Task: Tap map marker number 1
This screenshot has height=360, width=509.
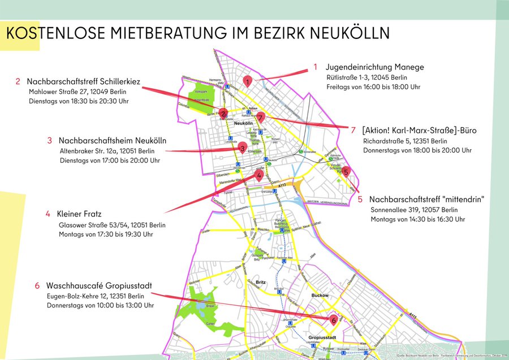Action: (x=248, y=81)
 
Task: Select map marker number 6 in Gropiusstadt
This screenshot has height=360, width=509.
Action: (x=334, y=320)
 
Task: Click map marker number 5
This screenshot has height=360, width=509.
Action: (x=346, y=171)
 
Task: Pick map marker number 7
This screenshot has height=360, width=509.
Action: (x=260, y=117)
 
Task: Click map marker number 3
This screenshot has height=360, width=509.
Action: (x=242, y=149)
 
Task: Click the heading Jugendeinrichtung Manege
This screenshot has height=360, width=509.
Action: (x=374, y=67)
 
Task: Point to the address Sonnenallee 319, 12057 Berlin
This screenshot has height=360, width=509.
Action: (x=409, y=209)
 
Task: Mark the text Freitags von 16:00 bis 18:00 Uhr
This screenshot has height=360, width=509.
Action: (x=373, y=87)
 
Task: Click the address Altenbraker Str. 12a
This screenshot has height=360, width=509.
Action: (x=106, y=151)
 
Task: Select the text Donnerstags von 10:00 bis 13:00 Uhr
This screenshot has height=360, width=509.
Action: (x=100, y=305)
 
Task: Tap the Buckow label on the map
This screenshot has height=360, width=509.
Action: (x=320, y=295)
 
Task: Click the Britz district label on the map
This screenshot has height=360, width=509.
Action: (x=261, y=282)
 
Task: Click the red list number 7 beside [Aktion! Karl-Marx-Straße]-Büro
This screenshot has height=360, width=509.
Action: (x=353, y=130)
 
